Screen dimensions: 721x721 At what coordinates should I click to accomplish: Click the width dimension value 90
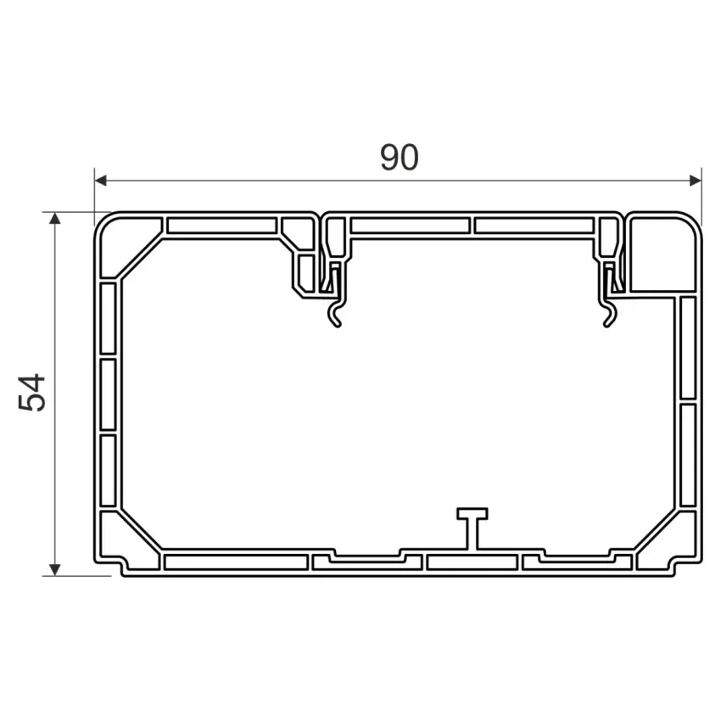coord(400,157)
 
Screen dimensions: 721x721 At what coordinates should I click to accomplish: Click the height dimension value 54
coord(31,392)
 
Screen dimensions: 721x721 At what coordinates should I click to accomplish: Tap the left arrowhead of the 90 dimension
coord(100,181)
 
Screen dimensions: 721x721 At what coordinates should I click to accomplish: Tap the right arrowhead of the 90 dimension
coord(696,181)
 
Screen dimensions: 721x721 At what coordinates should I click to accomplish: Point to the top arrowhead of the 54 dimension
coord(55,218)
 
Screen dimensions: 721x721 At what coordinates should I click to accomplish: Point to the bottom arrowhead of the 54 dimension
coord(55,570)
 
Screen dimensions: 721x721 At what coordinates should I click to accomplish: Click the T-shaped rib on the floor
coord(472,528)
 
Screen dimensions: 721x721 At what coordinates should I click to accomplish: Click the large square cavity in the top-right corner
coord(662,254)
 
